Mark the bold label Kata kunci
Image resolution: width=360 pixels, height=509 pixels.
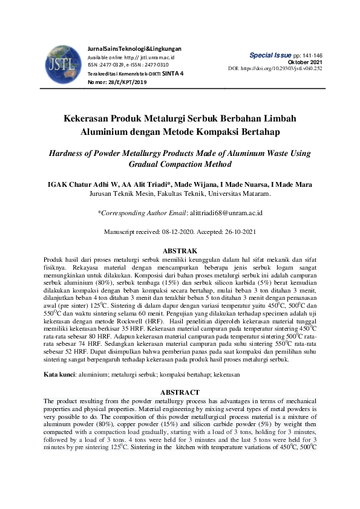pyautogui.click(x=58, y=375)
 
